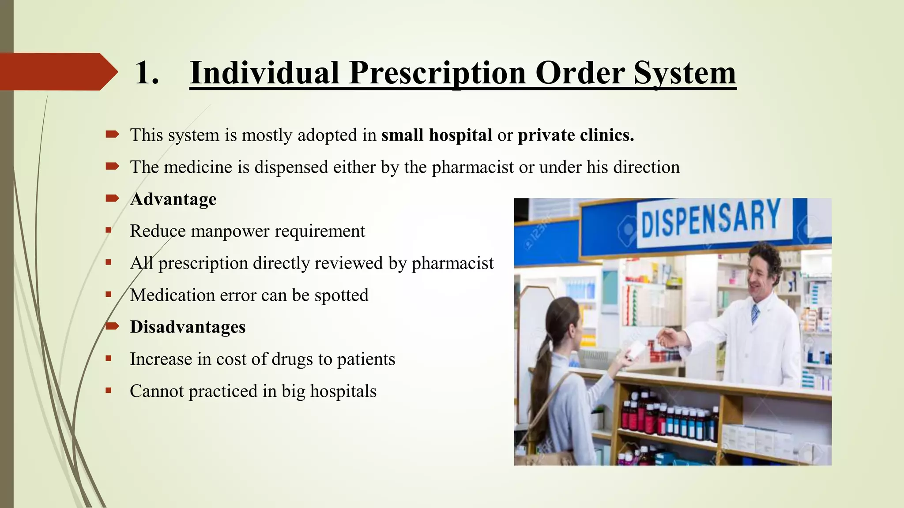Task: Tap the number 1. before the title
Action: pos(147,73)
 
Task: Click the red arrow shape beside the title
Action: pos(59,71)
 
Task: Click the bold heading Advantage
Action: pos(173,199)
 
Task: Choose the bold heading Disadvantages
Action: pos(188,327)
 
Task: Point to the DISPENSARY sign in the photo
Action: pos(710,218)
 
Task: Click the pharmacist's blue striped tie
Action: pos(755,314)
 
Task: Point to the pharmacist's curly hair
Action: pos(766,258)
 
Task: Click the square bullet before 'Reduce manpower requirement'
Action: pos(109,230)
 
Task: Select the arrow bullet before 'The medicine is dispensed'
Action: pos(113,166)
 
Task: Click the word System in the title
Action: pos(685,73)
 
